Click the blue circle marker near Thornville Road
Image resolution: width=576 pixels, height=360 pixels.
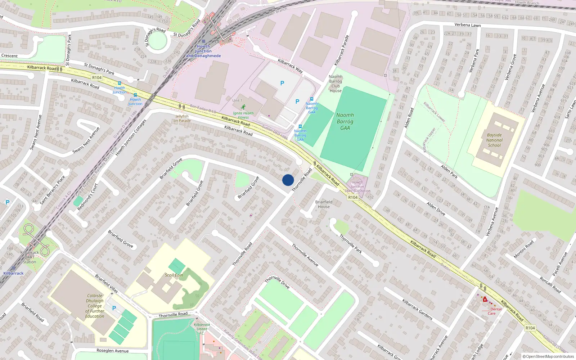288,180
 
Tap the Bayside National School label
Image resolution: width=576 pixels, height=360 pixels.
494,140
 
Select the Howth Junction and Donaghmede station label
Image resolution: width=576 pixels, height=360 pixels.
203,51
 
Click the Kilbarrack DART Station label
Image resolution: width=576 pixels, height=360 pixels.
30,257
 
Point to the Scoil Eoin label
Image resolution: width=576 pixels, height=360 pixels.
174,275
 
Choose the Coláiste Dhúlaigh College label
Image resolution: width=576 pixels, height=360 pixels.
95,306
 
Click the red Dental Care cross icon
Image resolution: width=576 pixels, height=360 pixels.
485,300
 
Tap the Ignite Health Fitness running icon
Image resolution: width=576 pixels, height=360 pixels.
243,107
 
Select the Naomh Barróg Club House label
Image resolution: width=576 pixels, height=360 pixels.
336,84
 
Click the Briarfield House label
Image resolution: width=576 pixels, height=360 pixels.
324,204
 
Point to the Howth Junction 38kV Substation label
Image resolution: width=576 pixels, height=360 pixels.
357,186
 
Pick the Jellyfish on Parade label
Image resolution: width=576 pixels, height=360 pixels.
182,118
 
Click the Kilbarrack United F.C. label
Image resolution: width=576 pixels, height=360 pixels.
202,329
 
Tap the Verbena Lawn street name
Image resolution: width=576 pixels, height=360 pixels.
467,25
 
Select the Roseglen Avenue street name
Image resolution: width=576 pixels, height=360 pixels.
112,351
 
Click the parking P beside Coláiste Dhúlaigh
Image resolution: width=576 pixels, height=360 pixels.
114,308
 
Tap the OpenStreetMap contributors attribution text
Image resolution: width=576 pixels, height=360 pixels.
548,356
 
